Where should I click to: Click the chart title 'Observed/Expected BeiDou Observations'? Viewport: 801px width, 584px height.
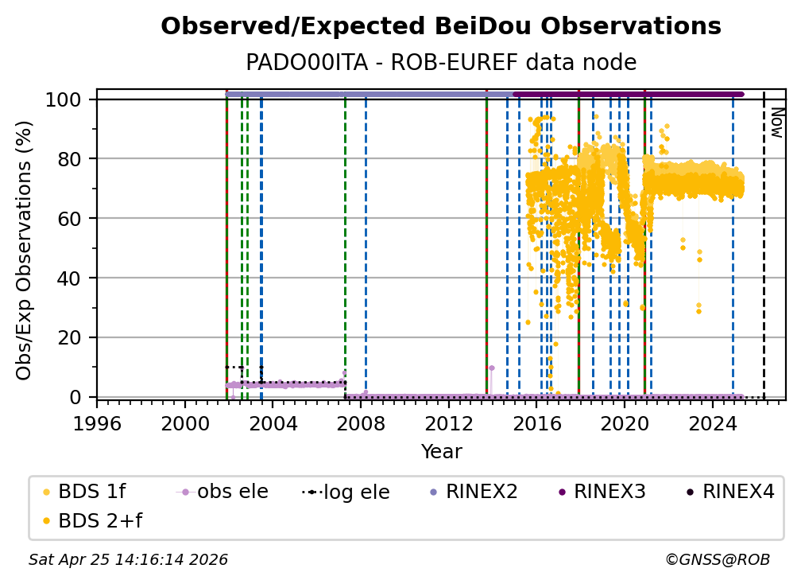(440, 27)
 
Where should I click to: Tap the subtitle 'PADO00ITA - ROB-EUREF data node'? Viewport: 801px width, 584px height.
(440, 63)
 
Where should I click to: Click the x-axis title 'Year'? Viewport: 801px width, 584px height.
(441, 452)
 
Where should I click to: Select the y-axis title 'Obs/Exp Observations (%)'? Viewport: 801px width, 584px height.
(25, 250)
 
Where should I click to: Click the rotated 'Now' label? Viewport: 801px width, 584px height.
(776, 123)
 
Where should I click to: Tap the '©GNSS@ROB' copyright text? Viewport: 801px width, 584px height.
(717, 560)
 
